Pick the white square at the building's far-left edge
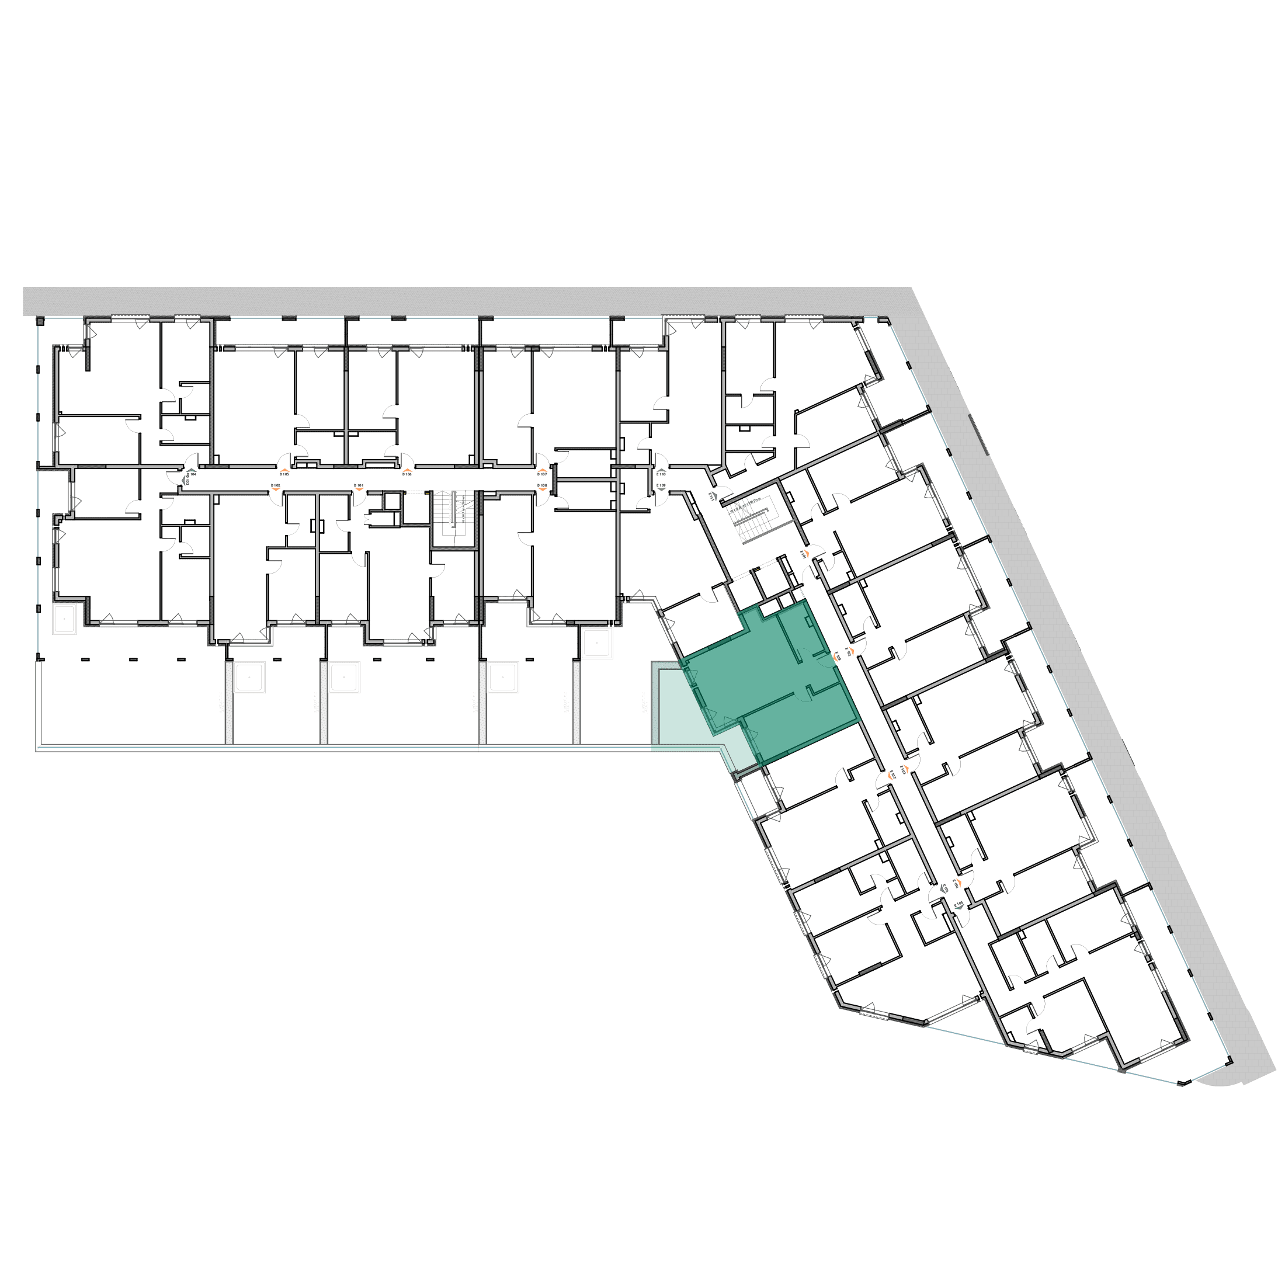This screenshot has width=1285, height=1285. coord(64,619)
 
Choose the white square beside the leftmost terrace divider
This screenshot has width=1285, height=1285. coord(249,678)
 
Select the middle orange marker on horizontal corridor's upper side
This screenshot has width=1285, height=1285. coord(407,470)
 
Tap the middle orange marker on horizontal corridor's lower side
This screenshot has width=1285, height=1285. coord(359,489)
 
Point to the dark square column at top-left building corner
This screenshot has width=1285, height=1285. coord(40,321)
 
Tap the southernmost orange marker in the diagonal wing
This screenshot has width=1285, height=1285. coord(958,883)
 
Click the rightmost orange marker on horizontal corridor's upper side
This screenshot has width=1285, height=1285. coord(543,470)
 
